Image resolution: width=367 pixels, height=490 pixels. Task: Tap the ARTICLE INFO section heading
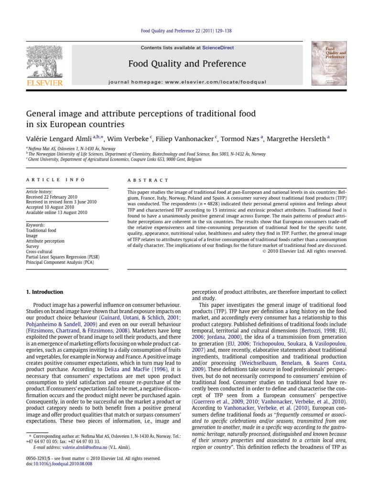pyautogui.click(x=55, y=180)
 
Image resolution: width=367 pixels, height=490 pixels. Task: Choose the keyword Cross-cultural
pyautogui.click(x=39, y=251)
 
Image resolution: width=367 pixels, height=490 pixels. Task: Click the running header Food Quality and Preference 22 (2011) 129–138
pyautogui.click(x=183, y=31)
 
